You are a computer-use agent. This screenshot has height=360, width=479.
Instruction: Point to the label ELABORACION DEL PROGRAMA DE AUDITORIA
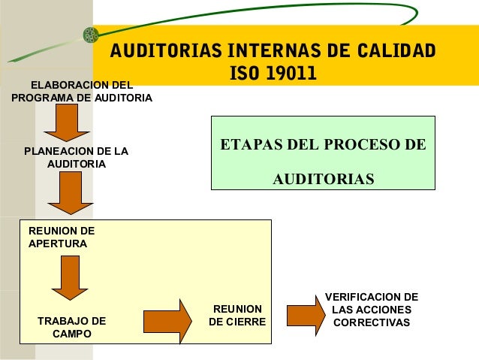[x=82, y=91]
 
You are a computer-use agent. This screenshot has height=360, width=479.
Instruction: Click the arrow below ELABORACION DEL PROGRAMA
[x=66, y=123]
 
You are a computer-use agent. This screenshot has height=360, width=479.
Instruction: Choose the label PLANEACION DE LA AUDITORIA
[x=76, y=157]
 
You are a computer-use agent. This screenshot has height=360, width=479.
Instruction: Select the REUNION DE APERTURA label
[x=61, y=237]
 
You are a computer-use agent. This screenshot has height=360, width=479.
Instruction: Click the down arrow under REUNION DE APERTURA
[x=71, y=280]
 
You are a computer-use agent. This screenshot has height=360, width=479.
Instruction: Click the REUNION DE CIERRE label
[x=237, y=316]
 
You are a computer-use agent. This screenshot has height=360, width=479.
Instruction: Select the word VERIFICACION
[x=371, y=298]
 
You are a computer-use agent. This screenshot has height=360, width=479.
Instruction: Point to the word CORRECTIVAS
[x=371, y=323]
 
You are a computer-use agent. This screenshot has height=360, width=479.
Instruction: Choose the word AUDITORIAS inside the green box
[x=322, y=180]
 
